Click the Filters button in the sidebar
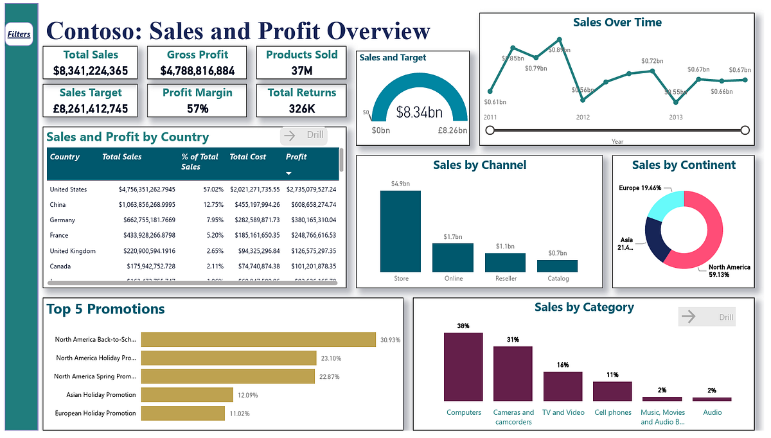(19, 34)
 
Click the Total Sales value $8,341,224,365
(91, 71)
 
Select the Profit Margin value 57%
(197, 109)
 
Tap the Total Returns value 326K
(301, 109)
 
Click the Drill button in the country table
(304, 136)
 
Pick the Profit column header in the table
(296, 157)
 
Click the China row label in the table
(58, 205)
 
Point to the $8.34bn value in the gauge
(419, 113)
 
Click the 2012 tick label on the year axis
(583, 118)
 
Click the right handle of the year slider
(745, 130)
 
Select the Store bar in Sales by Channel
(400, 231)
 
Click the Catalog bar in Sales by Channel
(557, 266)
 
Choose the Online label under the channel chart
(452, 279)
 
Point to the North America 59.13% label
(729, 270)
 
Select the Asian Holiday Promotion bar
(187, 395)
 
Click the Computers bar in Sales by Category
(463, 367)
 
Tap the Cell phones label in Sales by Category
(612, 412)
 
